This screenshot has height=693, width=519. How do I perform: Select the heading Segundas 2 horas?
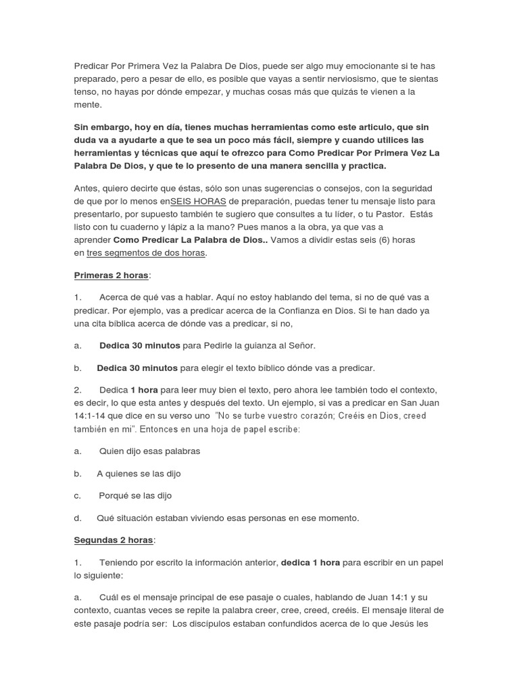[x=113, y=540]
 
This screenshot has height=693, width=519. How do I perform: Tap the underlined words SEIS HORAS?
[x=199, y=201]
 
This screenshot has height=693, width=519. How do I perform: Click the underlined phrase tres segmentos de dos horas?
[x=147, y=253]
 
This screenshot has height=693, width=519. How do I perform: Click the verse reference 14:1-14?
[x=91, y=416]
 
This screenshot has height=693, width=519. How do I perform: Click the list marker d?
[x=78, y=518]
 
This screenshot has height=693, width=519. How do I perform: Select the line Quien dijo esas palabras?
[x=149, y=451]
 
